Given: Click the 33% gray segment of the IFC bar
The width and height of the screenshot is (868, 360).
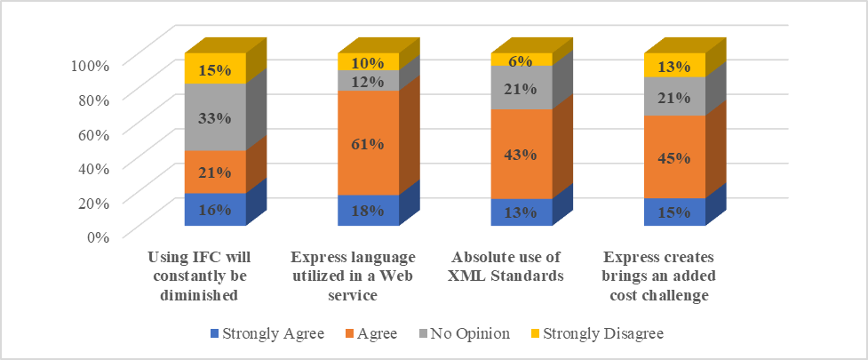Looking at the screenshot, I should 215,117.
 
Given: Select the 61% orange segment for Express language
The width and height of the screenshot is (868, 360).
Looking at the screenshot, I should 368,142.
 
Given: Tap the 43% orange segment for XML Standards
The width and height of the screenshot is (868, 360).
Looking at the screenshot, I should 522,154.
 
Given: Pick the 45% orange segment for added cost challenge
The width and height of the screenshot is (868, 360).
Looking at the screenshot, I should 674,156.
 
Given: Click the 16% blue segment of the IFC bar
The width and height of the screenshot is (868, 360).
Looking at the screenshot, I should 215,210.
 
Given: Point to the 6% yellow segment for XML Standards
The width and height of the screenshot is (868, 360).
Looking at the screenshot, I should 522,60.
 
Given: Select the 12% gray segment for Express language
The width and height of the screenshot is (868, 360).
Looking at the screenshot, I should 368,81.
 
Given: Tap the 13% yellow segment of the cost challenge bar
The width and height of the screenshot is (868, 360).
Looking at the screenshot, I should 674,65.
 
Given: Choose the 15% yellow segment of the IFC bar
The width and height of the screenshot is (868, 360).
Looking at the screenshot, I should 215,68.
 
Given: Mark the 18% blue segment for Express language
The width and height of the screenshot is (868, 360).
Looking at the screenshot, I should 368,210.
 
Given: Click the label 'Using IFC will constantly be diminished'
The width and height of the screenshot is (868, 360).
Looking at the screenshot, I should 200,276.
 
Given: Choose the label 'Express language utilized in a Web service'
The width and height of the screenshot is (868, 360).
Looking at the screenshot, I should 354,276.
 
